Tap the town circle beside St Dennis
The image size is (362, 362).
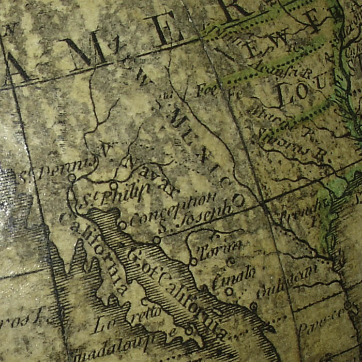(72, 177)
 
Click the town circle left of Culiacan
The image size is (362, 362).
(253, 306)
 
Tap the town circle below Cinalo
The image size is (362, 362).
(229, 291)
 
